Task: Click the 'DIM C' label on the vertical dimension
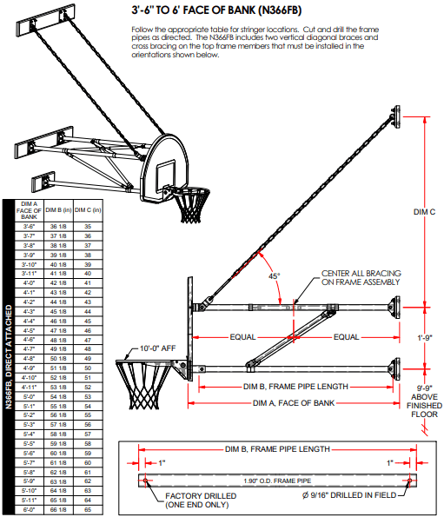(421, 210)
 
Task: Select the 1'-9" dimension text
(423, 336)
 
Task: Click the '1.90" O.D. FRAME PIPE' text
(279, 478)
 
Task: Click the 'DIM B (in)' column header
(58, 209)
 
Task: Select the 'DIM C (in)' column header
(88, 209)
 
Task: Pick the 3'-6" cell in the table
(29, 225)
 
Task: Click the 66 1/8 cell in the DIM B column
(58, 510)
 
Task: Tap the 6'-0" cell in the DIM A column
(29, 510)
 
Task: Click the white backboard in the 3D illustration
(165, 161)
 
